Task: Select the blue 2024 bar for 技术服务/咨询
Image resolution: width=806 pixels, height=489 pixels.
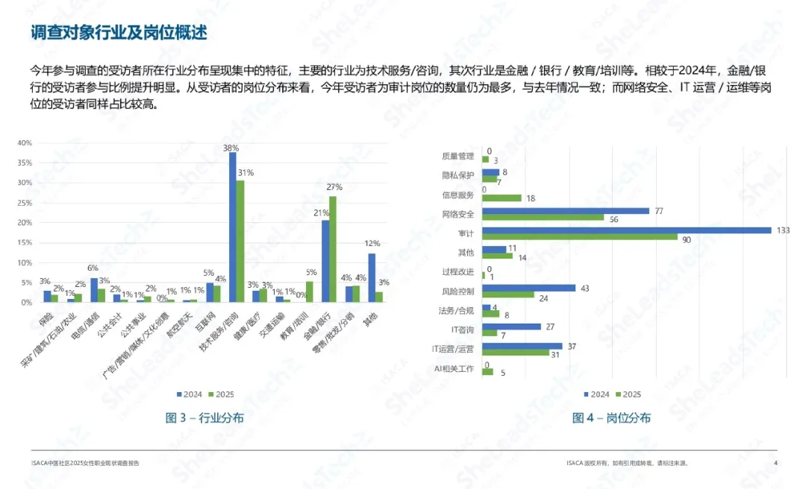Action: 232,227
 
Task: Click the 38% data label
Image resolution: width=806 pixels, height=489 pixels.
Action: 231,148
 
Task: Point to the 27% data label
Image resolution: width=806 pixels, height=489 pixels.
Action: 334,187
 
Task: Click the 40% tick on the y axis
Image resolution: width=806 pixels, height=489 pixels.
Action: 25,142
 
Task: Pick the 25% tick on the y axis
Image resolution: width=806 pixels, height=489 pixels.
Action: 25,203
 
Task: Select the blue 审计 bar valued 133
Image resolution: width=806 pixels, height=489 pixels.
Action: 626,230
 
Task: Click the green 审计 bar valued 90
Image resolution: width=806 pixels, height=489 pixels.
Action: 580,238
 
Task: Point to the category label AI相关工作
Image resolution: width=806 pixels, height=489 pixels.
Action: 454,369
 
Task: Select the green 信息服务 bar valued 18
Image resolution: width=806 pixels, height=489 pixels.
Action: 502,198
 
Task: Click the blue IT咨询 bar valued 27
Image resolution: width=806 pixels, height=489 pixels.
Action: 511,326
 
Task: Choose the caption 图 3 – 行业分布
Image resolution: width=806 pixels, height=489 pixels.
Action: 204,418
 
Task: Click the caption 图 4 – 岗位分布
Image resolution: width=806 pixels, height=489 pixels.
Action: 611,418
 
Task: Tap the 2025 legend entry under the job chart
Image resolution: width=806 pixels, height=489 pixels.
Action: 628,394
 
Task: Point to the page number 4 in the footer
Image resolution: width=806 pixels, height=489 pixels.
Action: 776,463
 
